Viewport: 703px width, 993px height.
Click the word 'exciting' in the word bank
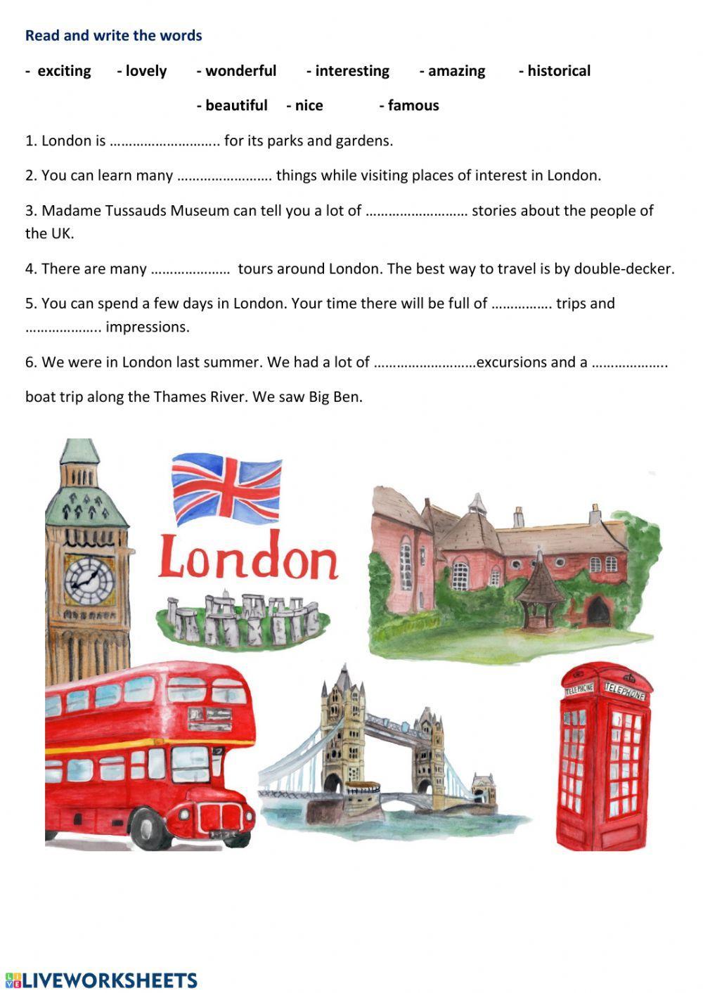pyautogui.click(x=64, y=71)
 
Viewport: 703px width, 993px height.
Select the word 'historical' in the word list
pyautogui.click(x=559, y=71)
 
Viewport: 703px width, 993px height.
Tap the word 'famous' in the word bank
pyautogui.click(x=413, y=105)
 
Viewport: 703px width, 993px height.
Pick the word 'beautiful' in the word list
pyautogui.click(x=236, y=105)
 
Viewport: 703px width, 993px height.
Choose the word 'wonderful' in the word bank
pyautogui.click(x=240, y=71)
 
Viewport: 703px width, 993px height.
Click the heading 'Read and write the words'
pyautogui.click(x=113, y=36)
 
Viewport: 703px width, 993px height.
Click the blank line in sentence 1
pyautogui.click(x=165, y=141)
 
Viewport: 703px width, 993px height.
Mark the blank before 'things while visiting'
pyautogui.click(x=224, y=176)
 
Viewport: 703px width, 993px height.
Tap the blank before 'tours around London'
pyautogui.click(x=191, y=269)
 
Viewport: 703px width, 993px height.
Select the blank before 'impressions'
pyautogui.click(x=64, y=327)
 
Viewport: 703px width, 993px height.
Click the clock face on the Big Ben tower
pyautogui.click(x=89, y=580)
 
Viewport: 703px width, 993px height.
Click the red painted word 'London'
pyautogui.click(x=248, y=557)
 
